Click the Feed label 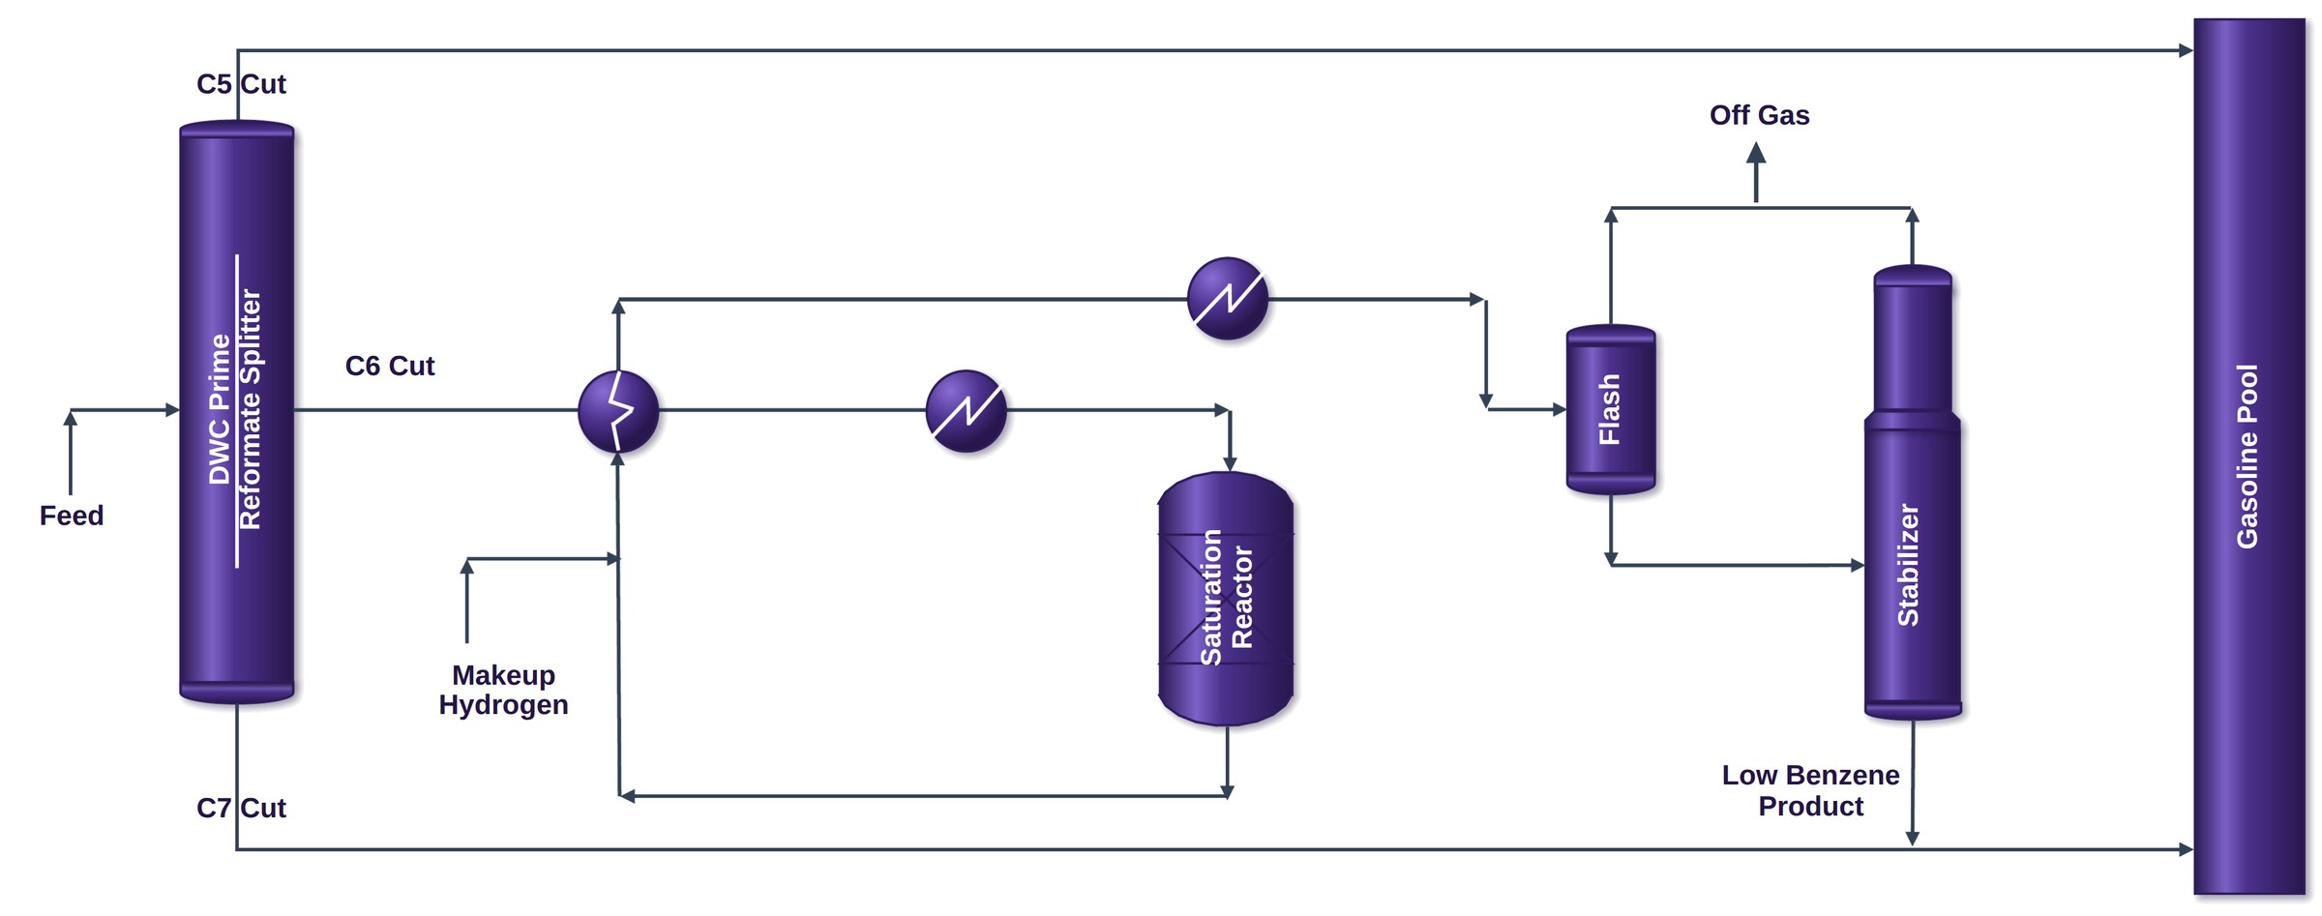(72, 516)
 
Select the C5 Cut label (241, 84)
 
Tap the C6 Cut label (390, 366)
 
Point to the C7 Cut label (241, 808)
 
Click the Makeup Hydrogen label (503, 690)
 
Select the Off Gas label (1759, 115)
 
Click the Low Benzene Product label (1810, 790)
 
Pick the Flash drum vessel (1611, 409)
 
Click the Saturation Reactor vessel (1226, 598)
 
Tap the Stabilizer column (1913, 492)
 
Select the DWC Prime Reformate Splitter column (237, 412)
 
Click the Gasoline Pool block (2248, 457)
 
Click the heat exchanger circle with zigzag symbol (618, 411)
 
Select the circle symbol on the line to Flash (1228, 298)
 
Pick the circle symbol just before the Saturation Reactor (967, 411)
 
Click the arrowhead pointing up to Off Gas (1757, 153)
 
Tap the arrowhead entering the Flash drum (1560, 409)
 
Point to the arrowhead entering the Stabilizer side (1858, 565)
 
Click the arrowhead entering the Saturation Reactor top (1230, 464)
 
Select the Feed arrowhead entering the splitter (173, 410)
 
